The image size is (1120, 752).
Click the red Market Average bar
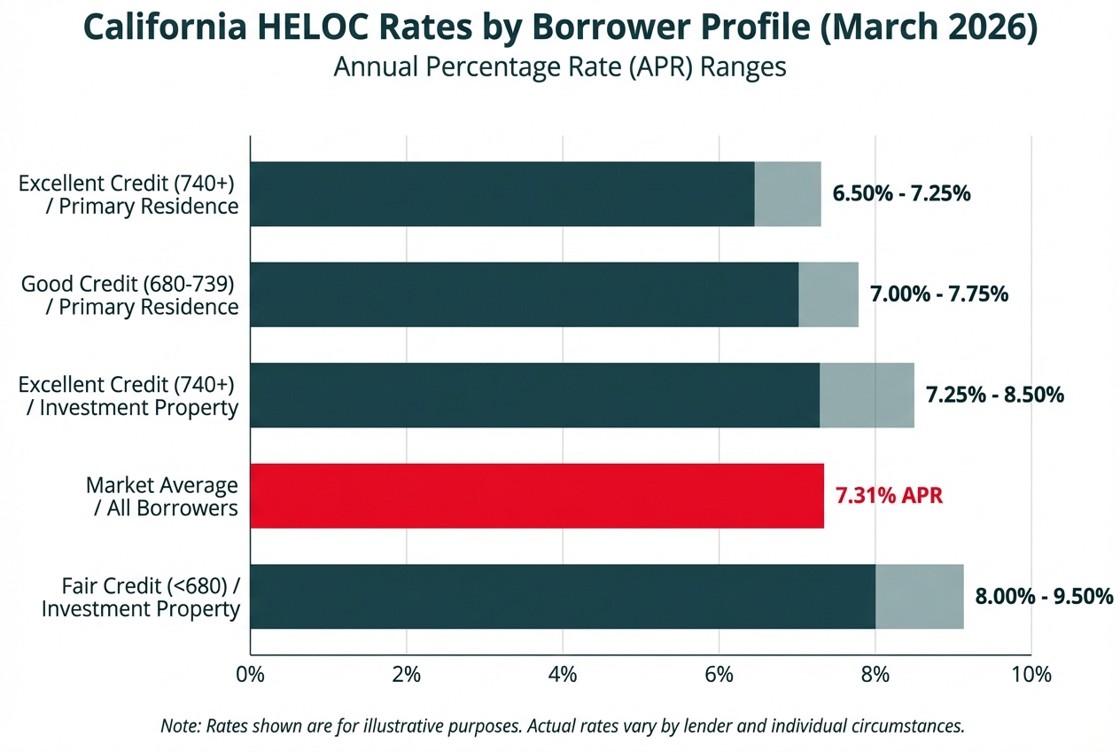[x=537, y=496]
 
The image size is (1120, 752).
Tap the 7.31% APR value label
[x=889, y=496]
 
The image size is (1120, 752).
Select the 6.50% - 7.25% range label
[x=902, y=194]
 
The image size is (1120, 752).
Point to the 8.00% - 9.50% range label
[x=1044, y=597]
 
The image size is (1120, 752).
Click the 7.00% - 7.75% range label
[x=939, y=294]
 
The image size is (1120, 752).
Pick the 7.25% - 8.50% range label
[x=994, y=396]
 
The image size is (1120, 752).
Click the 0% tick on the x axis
[x=251, y=674]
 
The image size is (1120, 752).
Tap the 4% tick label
[x=563, y=674]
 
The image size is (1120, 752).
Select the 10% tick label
[x=1031, y=674]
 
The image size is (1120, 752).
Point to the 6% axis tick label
[x=719, y=674]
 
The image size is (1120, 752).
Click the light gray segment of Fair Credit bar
[x=919, y=597]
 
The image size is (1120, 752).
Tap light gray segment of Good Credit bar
[x=828, y=294]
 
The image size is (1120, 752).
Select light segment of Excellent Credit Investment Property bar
[x=867, y=396]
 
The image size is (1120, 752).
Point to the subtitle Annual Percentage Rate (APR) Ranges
[x=560, y=67]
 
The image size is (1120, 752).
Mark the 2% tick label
[x=406, y=674]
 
